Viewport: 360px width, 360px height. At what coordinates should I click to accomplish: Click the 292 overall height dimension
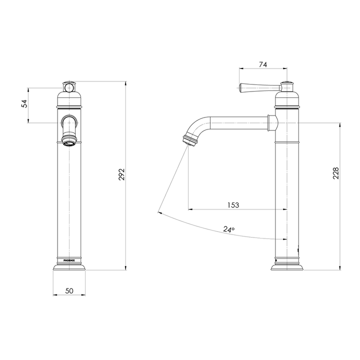[121, 175]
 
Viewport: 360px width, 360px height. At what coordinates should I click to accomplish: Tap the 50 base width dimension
[69, 290]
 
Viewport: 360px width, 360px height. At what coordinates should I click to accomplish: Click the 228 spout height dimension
[336, 172]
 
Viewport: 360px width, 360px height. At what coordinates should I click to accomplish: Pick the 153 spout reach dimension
[233, 204]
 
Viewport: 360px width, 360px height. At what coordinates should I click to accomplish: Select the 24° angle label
[228, 229]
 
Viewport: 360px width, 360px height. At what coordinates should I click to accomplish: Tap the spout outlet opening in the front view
[69, 142]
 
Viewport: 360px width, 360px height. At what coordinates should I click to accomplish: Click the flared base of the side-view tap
[287, 266]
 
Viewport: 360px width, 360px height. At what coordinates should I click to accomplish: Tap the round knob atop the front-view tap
[69, 88]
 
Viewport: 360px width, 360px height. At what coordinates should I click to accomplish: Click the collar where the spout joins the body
[271, 122]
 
